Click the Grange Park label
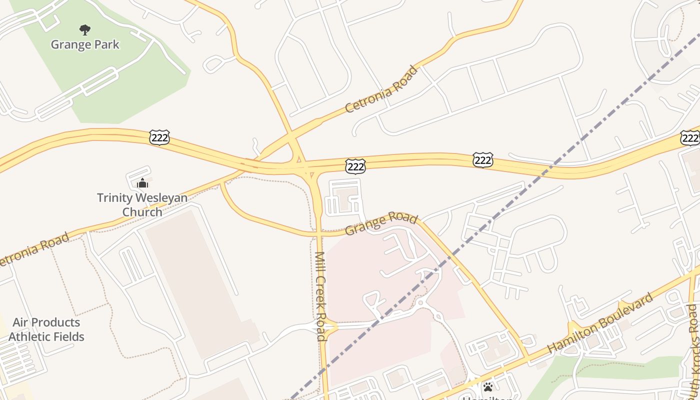tap(85, 44)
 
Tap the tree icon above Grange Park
tap(85, 30)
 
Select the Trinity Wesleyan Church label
tap(142, 204)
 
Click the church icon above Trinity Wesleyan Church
tap(142, 183)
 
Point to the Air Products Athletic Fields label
tap(46, 329)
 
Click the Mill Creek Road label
tap(321, 296)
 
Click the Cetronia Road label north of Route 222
tap(381, 89)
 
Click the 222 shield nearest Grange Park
tap(159, 137)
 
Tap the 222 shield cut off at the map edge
tap(690, 138)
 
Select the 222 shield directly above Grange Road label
tap(355, 166)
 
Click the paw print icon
tap(487, 386)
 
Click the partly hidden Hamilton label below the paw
tap(487, 398)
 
